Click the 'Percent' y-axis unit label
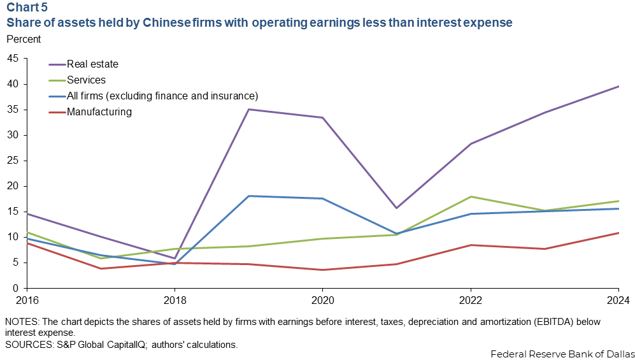[x=24, y=39]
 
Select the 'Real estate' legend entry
[x=92, y=64]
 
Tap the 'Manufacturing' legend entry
[x=99, y=112]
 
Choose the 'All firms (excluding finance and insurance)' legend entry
[x=162, y=96]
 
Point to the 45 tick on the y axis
[x=13, y=59]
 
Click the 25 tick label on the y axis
[x=13, y=161]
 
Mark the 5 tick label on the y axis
[x=15, y=263]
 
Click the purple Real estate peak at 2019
[x=248, y=109]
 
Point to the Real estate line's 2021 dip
[x=396, y=208]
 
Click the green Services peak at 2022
[x=470, y=196]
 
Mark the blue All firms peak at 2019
[x=248, y=196]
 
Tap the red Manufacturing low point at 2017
[x=100, y=268]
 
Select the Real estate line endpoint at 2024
[x=618, y=86]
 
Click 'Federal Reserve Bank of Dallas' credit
[x=562, y=353]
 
